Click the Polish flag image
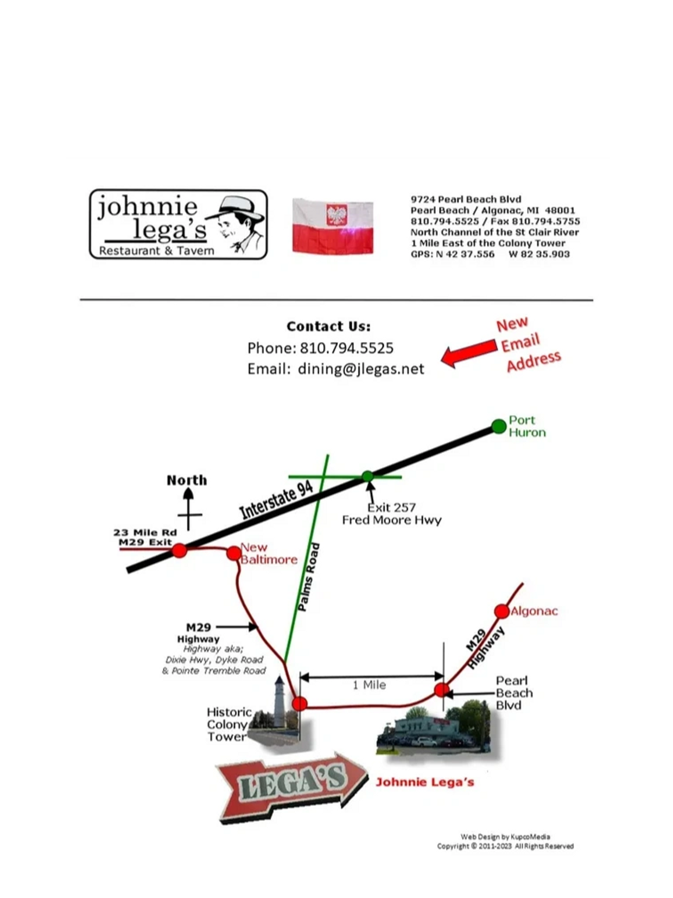click(332, 226)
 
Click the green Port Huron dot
click(499, 426)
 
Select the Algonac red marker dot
click(501, 611)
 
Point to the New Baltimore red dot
click(234, 554)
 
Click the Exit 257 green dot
click(368, 476)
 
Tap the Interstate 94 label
click(276, 500)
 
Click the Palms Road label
click(309, 577)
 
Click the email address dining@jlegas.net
click(361, 369)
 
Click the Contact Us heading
click(328, 326)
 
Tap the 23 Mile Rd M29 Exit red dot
click(179, 551)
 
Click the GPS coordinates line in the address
click(490, 254)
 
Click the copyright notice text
click(505, 846)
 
